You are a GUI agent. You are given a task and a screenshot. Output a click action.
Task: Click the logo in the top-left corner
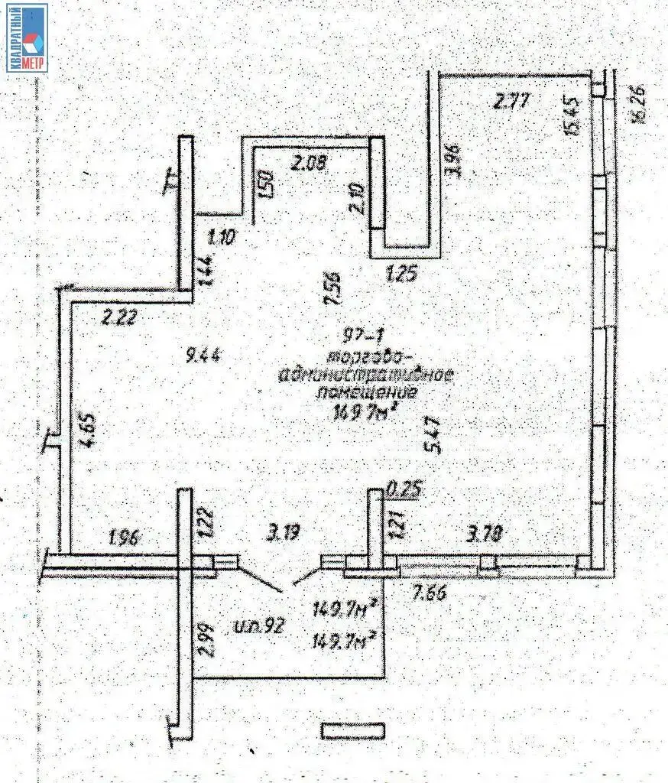tap(28, 37)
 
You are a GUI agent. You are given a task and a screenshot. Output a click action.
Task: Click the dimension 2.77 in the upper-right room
tap(512, 100)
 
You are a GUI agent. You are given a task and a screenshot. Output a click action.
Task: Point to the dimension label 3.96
tap(456, 160)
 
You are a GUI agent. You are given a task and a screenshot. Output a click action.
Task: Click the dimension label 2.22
tap(119, 316)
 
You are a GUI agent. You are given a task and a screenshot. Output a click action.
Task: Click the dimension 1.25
tap(403, 273)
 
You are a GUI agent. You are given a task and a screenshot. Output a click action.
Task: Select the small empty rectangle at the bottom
tap(350, 730)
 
